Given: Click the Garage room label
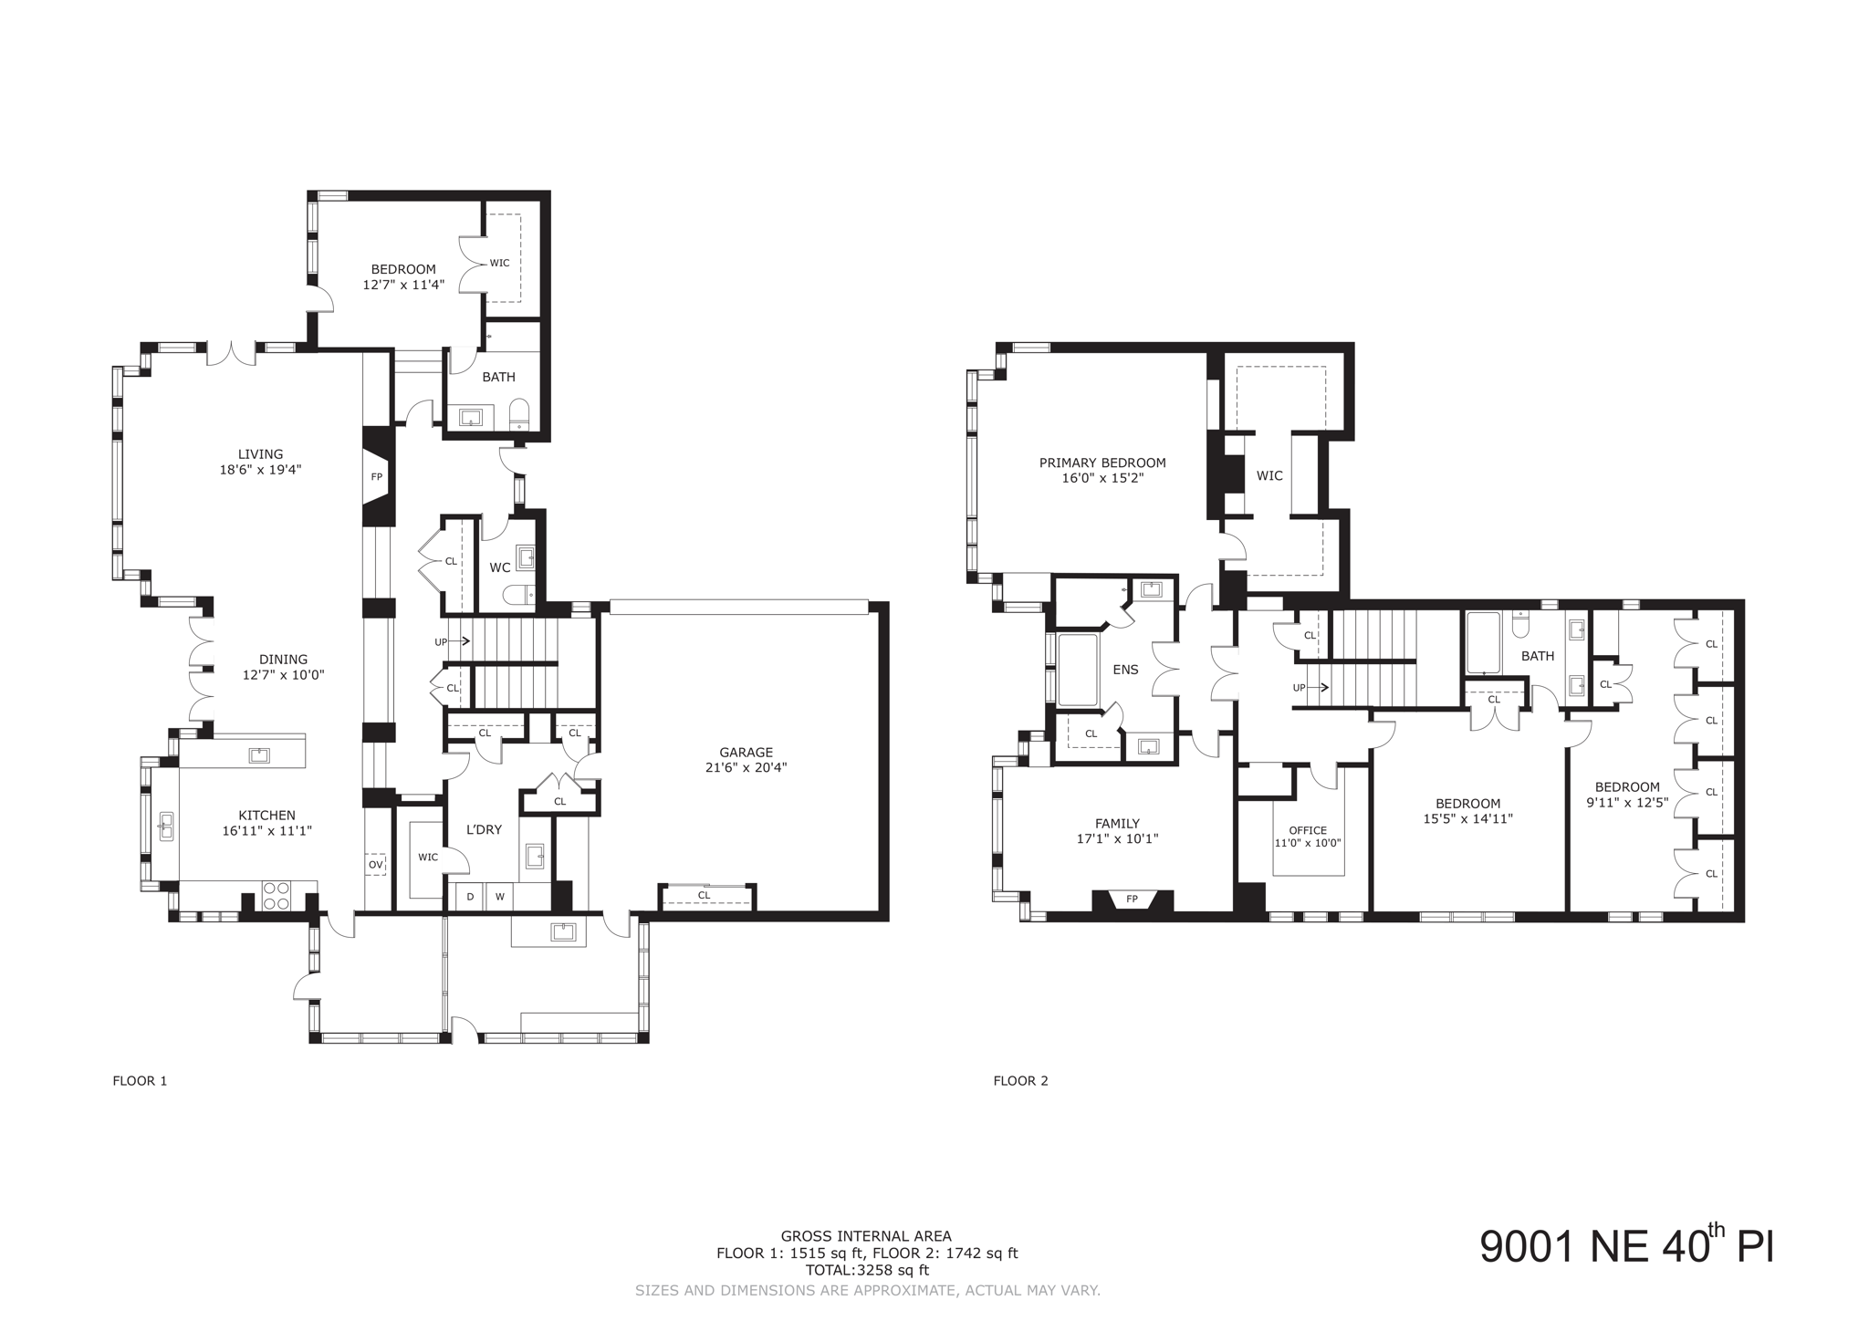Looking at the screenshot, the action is [x=746, y=753].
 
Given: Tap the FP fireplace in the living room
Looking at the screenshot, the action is [x=377, y=476].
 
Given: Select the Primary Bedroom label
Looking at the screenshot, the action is [x=1102, y=463].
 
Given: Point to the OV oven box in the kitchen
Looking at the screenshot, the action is [x=376, y=864].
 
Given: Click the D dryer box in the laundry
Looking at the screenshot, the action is [x=470, y=897].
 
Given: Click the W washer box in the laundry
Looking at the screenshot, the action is [x=499, y=897].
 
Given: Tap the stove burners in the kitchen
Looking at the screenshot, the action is [x=276, y=895].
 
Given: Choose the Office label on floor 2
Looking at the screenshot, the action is [x=1308, y=830].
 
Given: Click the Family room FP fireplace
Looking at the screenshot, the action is [x=1132, y=900].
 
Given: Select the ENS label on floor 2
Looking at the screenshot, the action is [x=1125, y=670].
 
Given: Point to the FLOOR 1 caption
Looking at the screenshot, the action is [x=140, y=1081].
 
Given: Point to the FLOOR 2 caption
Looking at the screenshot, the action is [x=1020, y=1081].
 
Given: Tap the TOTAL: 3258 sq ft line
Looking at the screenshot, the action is [x=867, y=1270].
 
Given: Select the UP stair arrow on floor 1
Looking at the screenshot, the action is [x=452, y=642].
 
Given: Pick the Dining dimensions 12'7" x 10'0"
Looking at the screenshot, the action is [x=283, y=675].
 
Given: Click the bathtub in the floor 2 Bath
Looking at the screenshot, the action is [x=1483, y=643].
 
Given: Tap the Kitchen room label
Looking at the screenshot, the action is [x=266, y=816].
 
